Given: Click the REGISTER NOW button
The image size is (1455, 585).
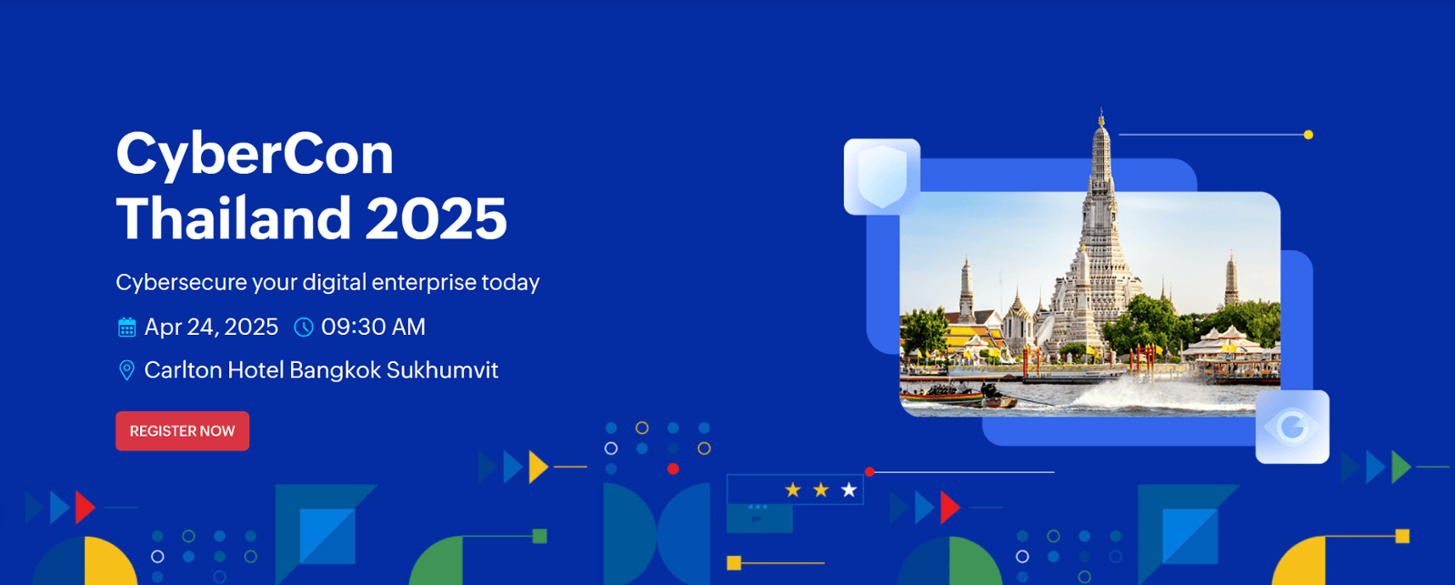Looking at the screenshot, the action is [x=183, y=431].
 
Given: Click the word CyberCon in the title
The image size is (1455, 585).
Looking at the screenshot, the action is [x=255, y=156].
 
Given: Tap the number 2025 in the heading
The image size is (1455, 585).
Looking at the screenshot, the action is [x=436, y=218].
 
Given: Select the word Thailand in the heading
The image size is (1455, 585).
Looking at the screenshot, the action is [x=233, y=217].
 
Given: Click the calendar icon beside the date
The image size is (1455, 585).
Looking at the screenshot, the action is [x=126, y=327].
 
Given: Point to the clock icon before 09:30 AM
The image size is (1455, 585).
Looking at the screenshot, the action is [x=304, y=327].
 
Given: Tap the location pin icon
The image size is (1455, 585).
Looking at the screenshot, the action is [x=126, y=370].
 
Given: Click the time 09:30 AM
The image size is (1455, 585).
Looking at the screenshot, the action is [x=374, y=327].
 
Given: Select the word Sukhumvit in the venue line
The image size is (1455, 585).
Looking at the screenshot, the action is [x=442, y=370].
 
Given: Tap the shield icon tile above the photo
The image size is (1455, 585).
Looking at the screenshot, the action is [x=882, y=177].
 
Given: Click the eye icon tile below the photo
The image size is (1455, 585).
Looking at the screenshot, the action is [x=1292, y=427].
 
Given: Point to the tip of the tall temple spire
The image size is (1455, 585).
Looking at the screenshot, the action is [x=1101, y=109].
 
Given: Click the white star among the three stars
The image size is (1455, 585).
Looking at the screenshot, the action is [x=849, y=489].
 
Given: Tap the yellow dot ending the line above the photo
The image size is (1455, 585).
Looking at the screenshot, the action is [x=1309, y=135].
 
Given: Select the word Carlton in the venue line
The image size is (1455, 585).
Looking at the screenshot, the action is [x=183, y=370].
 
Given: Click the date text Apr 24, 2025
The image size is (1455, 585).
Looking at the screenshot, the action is [x=211, y=327].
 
